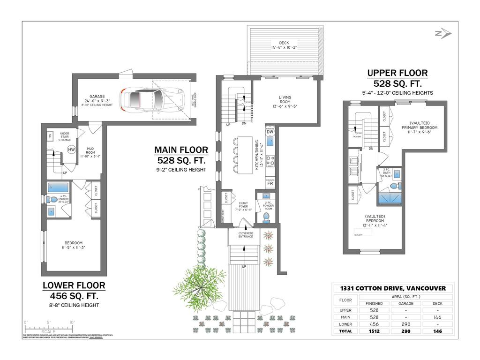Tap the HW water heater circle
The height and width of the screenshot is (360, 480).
(71, 150)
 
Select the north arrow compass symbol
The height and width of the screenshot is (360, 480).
(442, 33)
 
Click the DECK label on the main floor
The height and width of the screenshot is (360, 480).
(284, 43)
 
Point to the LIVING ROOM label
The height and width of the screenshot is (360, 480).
(285, 100)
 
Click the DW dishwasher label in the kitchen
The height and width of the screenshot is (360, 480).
(270, 132)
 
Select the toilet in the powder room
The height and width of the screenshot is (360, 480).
(267, 217)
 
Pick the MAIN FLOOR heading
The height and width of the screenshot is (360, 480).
(181, 150)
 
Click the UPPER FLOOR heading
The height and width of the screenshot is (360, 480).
(397, 73)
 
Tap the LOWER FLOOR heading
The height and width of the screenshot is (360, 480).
(74, 285)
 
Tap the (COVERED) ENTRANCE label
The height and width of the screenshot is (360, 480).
(245, 234)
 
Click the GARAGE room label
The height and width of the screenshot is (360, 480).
(97, 96)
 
